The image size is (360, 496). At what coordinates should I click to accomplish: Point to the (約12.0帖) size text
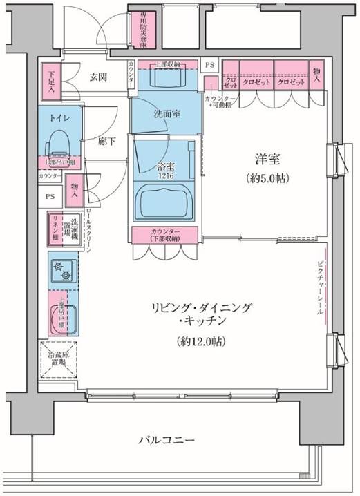pyautogui.click(x=200, y=341)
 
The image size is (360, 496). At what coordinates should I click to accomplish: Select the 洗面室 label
pyautogui.click(x=167, y=116)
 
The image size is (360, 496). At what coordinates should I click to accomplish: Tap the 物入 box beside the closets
pyautogui.click(x=317, y=74)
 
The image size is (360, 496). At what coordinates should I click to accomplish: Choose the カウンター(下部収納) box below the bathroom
pyautogui.click(x=165, y=234)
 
